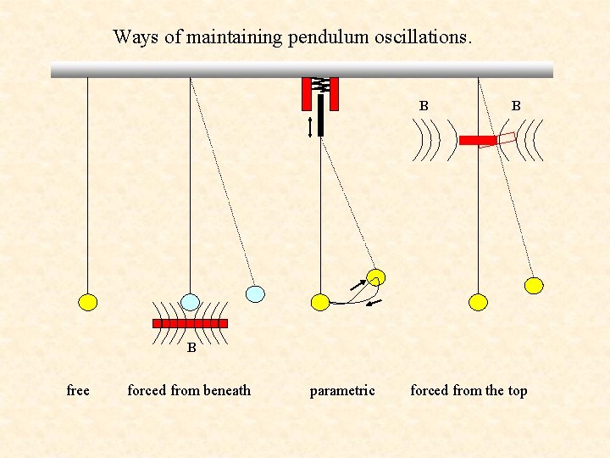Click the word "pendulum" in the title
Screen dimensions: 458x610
tap(323, 38)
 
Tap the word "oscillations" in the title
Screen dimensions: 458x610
tap(417, 37)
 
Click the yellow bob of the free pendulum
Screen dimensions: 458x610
tap(87, 301)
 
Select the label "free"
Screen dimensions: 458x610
tap(78, 390)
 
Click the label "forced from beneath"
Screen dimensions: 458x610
tap(189, 390)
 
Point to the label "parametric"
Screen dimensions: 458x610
tap(342, 390)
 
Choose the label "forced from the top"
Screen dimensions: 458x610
tap(469, 390)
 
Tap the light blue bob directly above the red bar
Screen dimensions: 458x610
tap(191, 302)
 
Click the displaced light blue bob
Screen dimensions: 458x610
tap(255, 293)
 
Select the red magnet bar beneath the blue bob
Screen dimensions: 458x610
tap(190, 323)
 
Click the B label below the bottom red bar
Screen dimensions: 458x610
tap(191, 347)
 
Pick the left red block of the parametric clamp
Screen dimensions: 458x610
tap(307, 94)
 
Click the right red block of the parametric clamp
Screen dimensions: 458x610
tap(334, 94)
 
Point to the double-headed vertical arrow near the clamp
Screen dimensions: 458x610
tap(310, 126)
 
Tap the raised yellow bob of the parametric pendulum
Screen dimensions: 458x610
tap(376, 277)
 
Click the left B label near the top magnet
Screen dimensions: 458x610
tap(424, 106)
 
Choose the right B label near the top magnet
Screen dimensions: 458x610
tap(515, 106)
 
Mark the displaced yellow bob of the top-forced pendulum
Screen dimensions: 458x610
tap(534, 285)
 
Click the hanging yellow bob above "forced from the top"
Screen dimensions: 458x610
tap(479, 301)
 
